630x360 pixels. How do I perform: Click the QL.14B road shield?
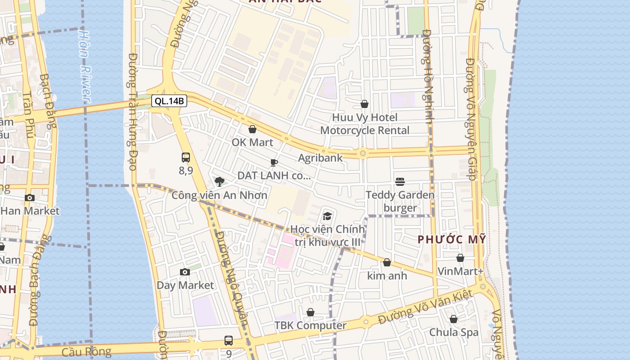[169, 101]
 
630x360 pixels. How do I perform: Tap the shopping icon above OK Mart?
[252, 130]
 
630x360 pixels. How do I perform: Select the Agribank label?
[320, 158]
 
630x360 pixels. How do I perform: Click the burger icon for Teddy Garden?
[400, 182]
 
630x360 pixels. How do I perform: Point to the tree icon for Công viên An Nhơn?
[220, 182]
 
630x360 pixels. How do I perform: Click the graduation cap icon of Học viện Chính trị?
[327, 216]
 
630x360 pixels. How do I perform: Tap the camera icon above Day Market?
[184, 272]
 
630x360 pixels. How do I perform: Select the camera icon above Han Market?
[30, 198]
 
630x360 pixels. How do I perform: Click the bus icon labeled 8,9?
[185, 157]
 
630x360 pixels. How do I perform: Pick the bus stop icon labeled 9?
[229, 341]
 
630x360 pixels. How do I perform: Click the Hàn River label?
[84, 66]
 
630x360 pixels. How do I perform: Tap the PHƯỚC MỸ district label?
[452, 240]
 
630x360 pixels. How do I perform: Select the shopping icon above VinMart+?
[460, 258]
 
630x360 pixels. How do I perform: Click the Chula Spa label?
[454, 333]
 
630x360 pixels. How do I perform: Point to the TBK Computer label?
[310, 325]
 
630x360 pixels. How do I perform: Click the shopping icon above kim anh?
[387, 263]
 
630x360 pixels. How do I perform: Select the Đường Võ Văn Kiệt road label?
[425, 306]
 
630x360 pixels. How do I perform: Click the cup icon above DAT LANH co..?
[274, 162]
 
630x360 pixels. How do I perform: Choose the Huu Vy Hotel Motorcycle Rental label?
[364, 124]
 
